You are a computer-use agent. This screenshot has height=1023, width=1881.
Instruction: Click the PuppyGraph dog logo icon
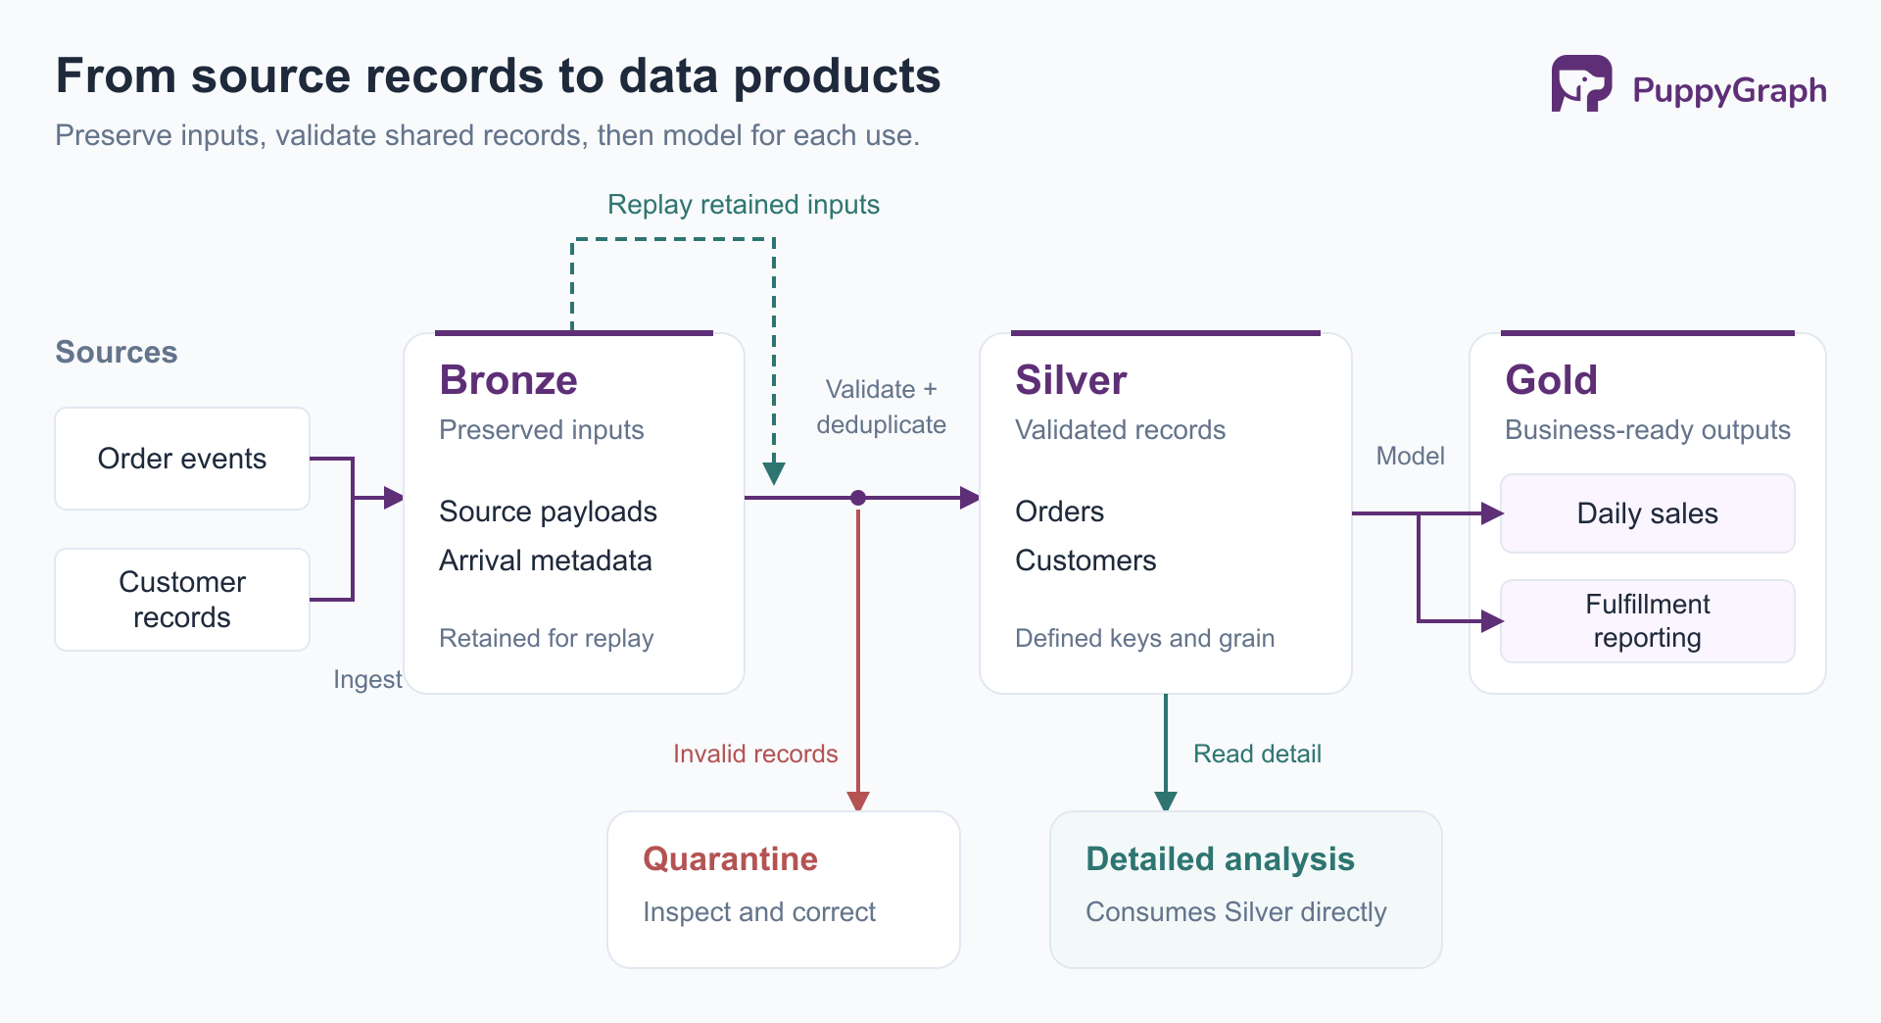1581,83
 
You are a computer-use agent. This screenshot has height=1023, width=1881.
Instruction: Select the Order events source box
182,459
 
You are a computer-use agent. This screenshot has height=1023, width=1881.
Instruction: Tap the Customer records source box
182,600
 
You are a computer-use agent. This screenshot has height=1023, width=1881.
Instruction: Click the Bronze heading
508,380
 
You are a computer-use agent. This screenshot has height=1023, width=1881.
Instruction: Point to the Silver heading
1071,380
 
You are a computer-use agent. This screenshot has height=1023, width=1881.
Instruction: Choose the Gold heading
1551,380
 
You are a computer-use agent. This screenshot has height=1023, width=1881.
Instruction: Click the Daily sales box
1648,513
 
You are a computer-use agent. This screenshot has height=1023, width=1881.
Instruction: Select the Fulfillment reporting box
1648,621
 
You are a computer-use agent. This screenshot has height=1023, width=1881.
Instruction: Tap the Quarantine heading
730,859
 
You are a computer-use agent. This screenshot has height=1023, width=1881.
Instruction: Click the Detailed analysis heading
1220,859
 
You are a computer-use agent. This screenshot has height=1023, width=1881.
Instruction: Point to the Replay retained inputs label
744,205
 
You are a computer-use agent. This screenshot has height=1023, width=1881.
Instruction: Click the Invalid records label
755,754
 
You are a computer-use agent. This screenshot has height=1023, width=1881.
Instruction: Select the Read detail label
1257,754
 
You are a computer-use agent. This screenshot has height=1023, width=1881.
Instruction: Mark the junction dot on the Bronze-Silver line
858,498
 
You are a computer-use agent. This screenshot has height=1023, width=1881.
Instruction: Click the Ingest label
367,680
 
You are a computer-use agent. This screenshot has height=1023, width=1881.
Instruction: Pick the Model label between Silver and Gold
1410,456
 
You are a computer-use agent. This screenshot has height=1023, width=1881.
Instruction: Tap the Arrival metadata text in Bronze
546,560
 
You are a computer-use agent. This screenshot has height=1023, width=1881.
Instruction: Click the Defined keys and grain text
1145,638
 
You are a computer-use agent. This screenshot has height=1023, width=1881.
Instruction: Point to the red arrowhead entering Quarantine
858,802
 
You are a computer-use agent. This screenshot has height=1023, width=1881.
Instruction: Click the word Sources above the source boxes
117,352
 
